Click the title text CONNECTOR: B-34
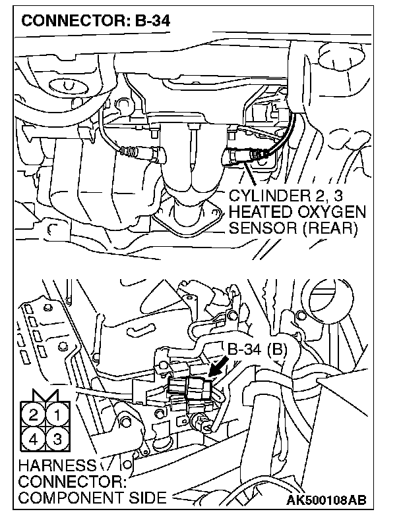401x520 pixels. [x=96, y=21]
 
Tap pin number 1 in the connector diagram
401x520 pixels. [x=58, y=415]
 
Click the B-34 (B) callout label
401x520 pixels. [x=258, y=349]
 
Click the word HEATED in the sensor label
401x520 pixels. [x=261, y=213]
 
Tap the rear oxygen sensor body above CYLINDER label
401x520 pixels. [x=241, y=157]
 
